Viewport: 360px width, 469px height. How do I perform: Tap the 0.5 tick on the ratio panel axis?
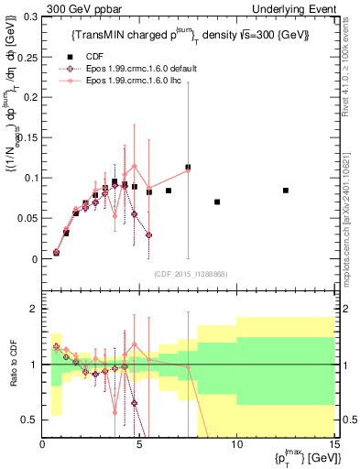[x=31, y=420]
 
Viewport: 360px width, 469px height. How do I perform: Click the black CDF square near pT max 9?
[x=217, y=202]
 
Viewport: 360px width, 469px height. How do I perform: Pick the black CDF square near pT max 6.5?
[x=169, y=191]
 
